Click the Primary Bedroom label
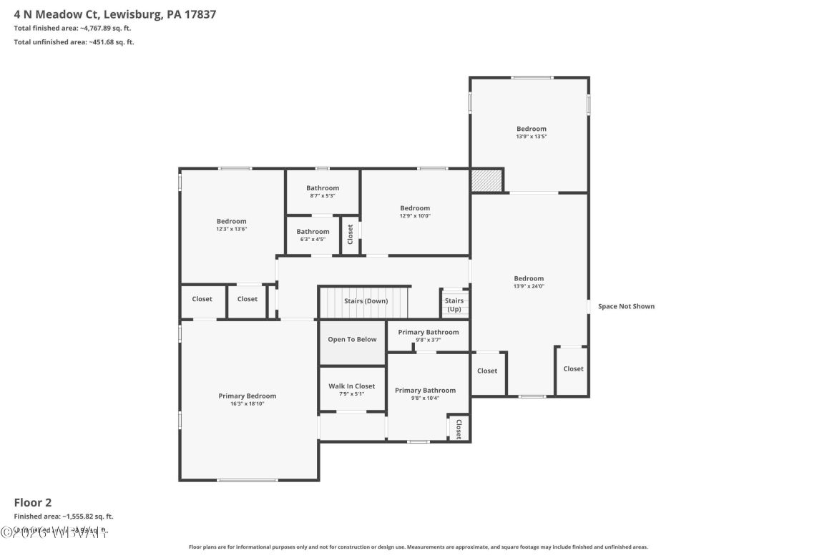247,396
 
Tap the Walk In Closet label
352,386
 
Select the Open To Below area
352,339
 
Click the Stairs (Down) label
366,301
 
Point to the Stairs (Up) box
454,305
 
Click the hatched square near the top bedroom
486,180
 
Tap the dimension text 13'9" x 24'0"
529,286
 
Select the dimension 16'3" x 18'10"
247,404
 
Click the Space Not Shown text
626,306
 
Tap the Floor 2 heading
33,502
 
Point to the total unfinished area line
74,42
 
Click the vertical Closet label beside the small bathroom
351,235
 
